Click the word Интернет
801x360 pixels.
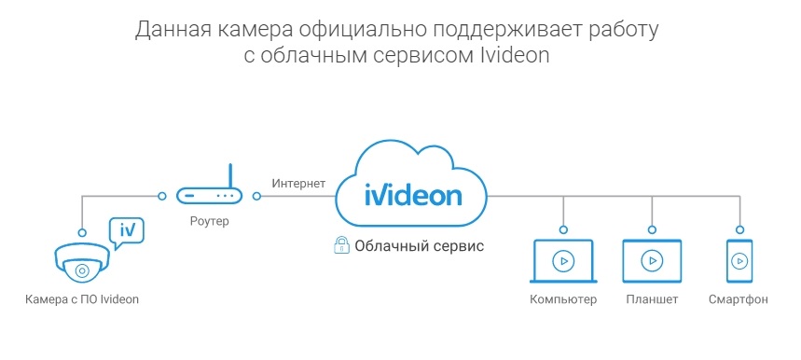coord(298,183)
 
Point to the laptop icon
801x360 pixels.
coord(562,262)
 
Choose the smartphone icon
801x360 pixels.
coord(739,261)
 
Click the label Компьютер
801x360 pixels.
coord(562,300)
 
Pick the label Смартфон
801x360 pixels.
coord(739,300)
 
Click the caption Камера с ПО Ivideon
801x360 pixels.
coord(88,300)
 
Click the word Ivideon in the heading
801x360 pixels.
coord(513,55)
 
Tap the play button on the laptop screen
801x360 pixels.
coord(562,260)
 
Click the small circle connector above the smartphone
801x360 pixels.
coord(739,228)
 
